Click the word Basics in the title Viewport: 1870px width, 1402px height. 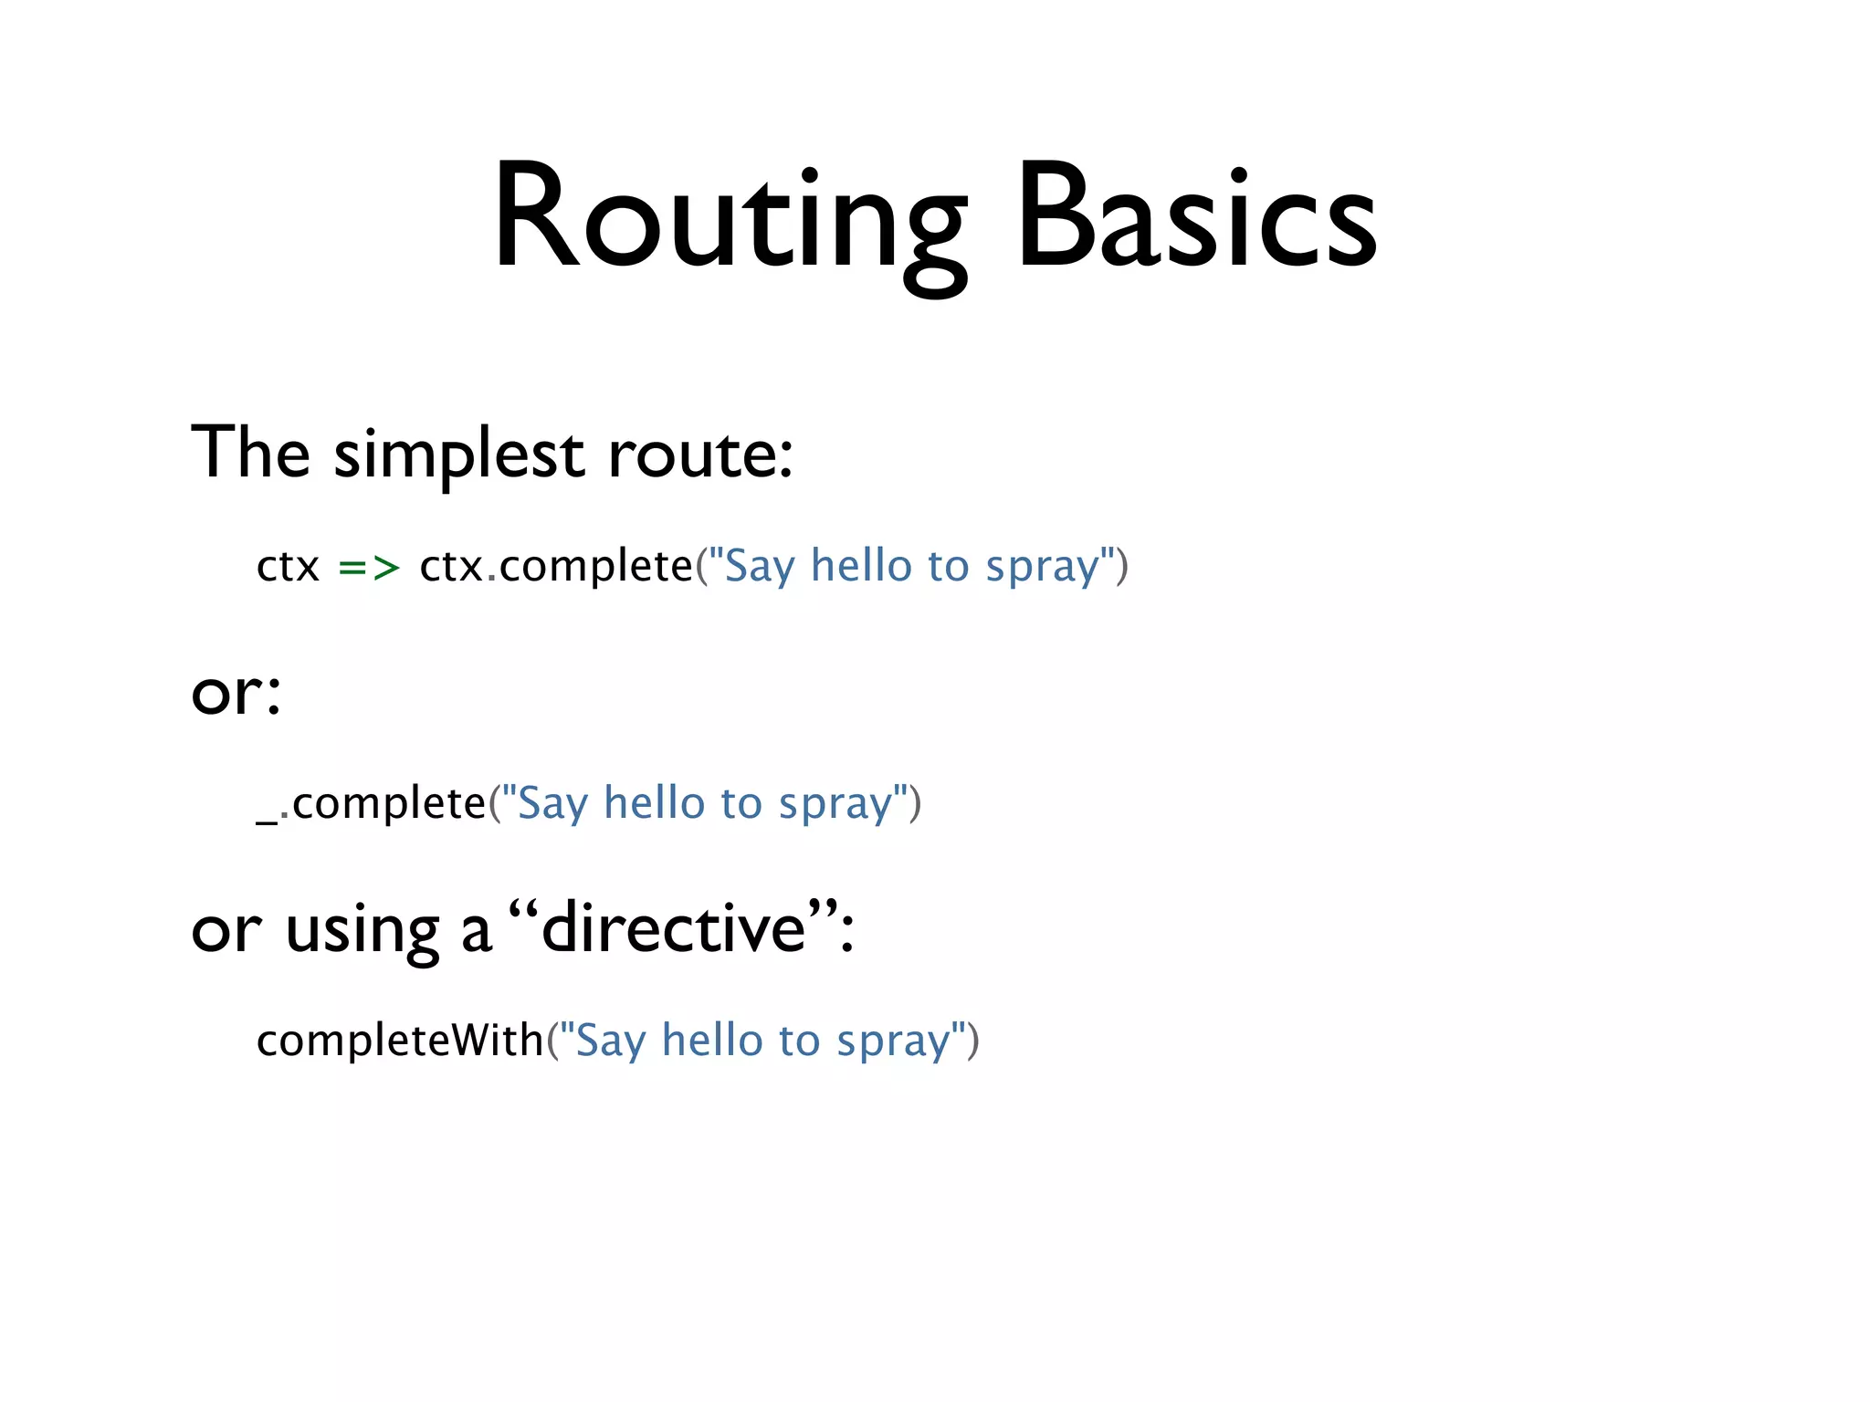tap(1196, 219)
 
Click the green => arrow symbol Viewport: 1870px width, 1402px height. tap(369, 568)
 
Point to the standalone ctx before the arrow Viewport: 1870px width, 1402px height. tap(288, 568)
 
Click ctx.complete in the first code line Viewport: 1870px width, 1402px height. tap(555, 568)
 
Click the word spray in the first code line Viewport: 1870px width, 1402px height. tap(1042, 568)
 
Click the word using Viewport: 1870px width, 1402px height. tap(362, 931)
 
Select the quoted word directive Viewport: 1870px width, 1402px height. tap(674, 929)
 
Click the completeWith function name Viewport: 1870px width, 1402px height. tap(400, 1041)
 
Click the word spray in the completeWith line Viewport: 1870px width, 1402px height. tap(892, 1041)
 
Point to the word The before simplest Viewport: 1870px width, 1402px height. tap(250, 453)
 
